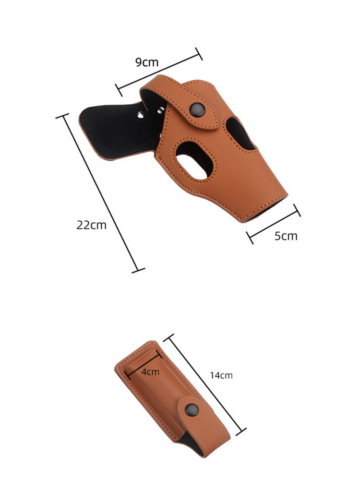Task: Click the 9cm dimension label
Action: click(147, 62)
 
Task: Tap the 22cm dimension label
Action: click(92, 225)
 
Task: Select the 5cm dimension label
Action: click(286, 236)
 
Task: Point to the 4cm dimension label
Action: click(150, 372)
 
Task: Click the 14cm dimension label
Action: click(221, 375)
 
